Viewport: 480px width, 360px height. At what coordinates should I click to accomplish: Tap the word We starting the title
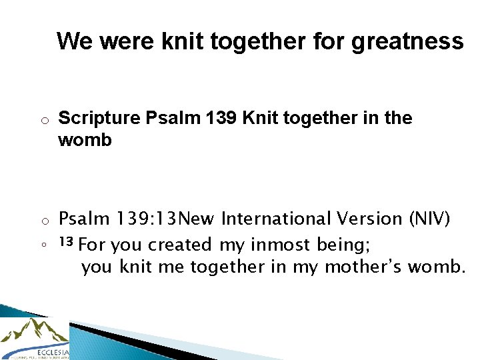[75, 41]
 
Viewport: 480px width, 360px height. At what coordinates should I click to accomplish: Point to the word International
[275, 219]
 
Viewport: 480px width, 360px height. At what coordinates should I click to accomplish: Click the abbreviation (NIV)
[429, 219]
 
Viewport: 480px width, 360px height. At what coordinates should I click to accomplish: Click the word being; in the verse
[343, 245]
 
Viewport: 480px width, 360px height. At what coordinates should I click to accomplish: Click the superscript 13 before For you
[65, 241]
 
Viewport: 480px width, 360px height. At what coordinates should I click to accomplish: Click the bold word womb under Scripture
[85, 141]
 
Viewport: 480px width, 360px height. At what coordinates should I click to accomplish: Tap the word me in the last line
[171, 267]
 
